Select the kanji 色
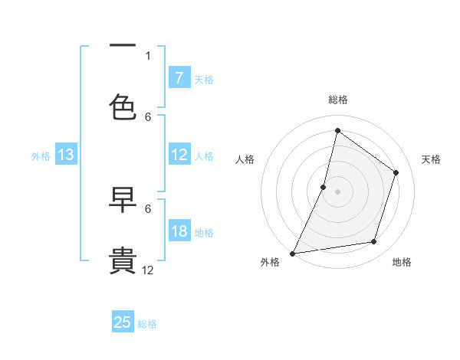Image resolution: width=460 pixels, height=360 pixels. (x=123, y=106)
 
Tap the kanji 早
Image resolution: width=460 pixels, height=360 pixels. (x=123, y=201)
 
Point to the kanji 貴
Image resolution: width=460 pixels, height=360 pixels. (x=123, y=260)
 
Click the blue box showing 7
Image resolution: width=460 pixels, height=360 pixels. (x=179, y=78)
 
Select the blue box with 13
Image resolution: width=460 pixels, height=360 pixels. (x=65, y=155)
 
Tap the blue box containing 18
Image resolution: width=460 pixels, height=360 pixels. (x=179, y=232)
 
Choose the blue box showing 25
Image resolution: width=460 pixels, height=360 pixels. (x=123, y=322)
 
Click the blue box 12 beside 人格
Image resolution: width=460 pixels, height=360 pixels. (x=179, y=155)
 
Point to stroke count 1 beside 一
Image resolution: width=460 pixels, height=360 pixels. (x=148, y=56)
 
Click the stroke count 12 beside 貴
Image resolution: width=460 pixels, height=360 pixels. (x=148, y=270)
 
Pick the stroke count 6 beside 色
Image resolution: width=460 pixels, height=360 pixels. (x=148, y=116)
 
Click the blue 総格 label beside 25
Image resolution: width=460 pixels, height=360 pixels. (x=147, y=324)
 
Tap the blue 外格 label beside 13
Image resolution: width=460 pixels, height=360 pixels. (x=41, y=156)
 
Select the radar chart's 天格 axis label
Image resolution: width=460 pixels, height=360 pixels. (x=431, y=159)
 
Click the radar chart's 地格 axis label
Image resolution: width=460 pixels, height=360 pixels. (x=402, y=262)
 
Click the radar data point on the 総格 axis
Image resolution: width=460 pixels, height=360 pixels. (x=337, y=130)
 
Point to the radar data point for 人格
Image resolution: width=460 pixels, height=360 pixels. (x=324, y=187)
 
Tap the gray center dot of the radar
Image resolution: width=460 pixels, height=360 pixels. (x=337, y=191)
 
